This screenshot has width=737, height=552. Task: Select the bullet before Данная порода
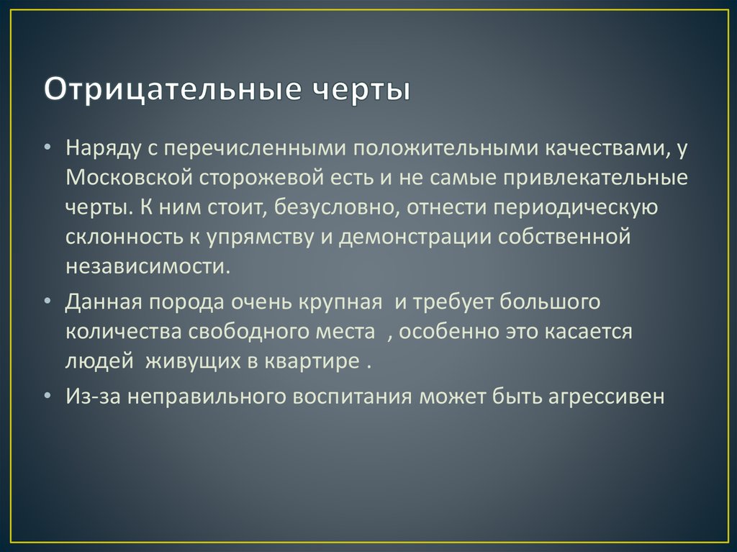47,302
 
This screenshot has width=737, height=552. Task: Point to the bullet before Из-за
47,396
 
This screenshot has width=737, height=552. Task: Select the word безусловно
334,207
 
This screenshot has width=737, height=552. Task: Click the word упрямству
260,237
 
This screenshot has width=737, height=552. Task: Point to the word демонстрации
415,237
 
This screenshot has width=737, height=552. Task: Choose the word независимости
148,266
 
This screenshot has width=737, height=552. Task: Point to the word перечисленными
256,148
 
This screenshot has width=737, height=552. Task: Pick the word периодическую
575,208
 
